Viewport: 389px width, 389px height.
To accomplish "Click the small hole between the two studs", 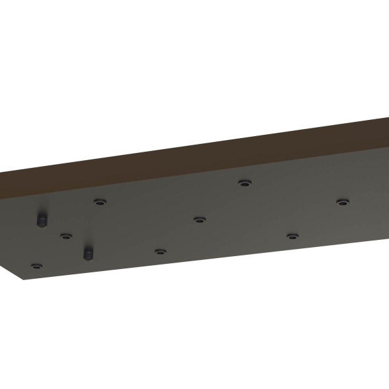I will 65,235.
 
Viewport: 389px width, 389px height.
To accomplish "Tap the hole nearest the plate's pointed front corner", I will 37,266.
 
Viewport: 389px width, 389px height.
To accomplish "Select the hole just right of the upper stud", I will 99,202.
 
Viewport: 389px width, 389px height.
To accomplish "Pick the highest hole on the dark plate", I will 244,183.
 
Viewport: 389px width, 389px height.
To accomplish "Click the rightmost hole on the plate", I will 342,202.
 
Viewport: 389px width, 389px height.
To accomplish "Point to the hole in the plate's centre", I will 199,219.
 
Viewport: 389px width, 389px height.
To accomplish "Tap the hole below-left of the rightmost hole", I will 292,236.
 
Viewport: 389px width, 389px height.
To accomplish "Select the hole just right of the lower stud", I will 160,250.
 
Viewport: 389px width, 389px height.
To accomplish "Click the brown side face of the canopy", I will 194,156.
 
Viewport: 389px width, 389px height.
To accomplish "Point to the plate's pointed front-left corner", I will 24,280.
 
